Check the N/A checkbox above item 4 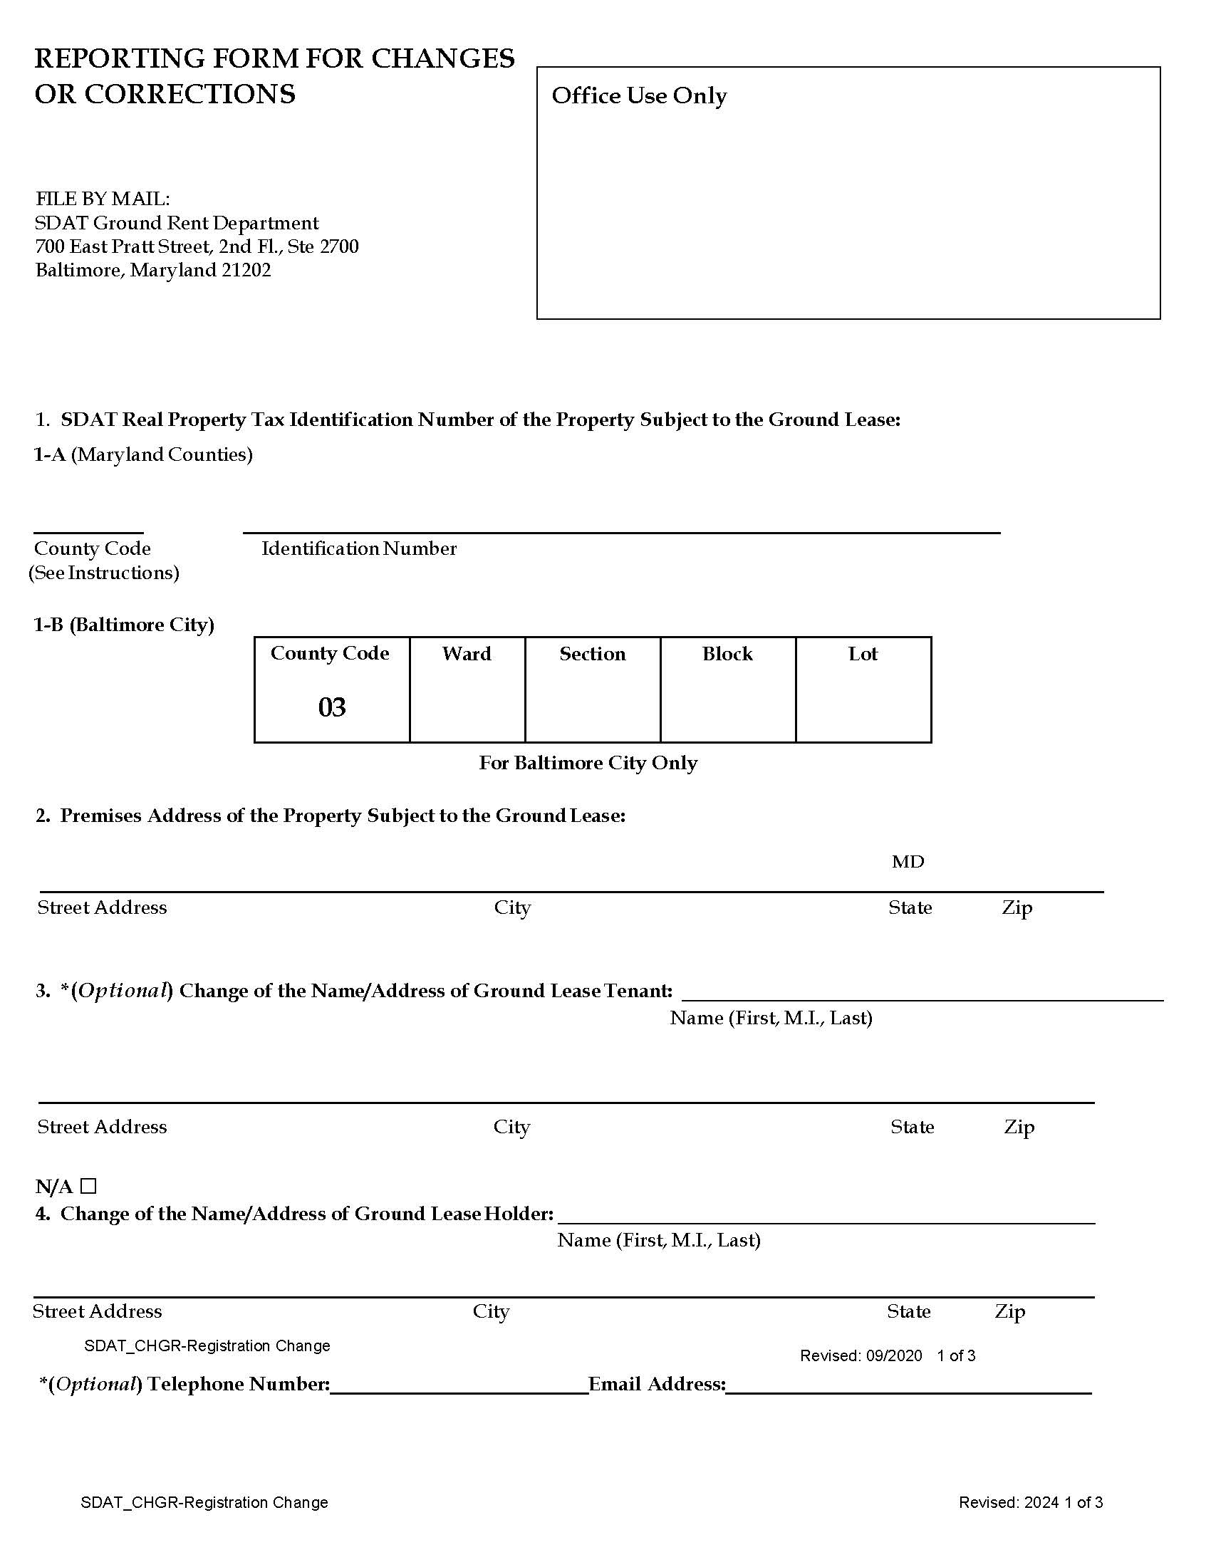pyautogui.click(x=88, y=1185)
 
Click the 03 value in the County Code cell pyautogui.click(x=331, y=707)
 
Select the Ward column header pyautogui.click(x=467, y=654)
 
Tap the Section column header pyautogui.click(x=592, y=654)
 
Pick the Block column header pyautogui.click(x=727, y=654)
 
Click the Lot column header pyautogui.click(x=863, y=654)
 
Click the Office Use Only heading pyautogui.click(x=638, y=95)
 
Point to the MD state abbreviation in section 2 pyautogui.click(x=908, y=862)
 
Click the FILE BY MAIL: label pyautogui.click(x=103, y=199)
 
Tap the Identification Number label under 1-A pyautogui.click(x=359, y=549)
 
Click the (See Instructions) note pyautogui.click(x=104, y=573)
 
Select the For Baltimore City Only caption pyautogui.click(x=588, y=763)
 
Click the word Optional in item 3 pyautogui.click(x=123, y=991)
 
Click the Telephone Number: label pyautogui.click(x=238, y=1384)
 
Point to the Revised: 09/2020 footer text pyautogui.click(x=861, y=1355)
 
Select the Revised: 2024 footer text pyautogui.click(x=1009, y=1502)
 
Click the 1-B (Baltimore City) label pyautogui.click(x=123, y=625)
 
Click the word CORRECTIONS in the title pyautogui.click(x=189, y=94)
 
